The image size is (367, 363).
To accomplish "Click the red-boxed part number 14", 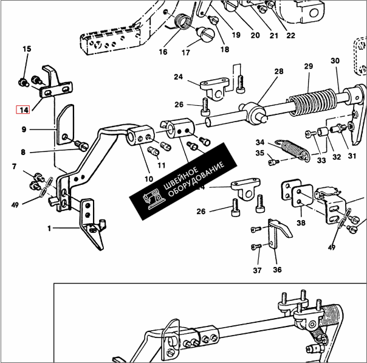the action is (x=23, y=110).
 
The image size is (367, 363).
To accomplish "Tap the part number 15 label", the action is (x=27, y=49).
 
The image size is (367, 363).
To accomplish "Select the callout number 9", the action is (x=24, y=130).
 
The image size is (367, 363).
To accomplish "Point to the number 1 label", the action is (x=49, y=229).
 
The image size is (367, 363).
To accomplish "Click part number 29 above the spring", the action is (x=309, y=66).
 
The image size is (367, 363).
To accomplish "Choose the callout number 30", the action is (x=335, y=61).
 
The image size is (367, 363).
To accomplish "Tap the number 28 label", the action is (x=279, y=71).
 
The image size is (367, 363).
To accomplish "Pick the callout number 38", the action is (x=301, y=223).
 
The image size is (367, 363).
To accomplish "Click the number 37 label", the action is (x=257, y=271).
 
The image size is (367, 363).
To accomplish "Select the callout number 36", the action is (x=277, y=270).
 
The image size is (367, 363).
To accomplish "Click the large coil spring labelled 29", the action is (x=313, y=102).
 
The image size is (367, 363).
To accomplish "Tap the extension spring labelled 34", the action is (x=293, y=150).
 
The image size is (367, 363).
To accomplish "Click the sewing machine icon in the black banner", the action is (x=153, y=199).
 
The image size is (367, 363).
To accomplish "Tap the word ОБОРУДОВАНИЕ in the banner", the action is (x=196, y=179).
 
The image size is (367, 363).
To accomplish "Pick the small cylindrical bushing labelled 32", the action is (x=322, y=131).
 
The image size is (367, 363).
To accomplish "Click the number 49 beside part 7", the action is (x=15, y=205).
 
